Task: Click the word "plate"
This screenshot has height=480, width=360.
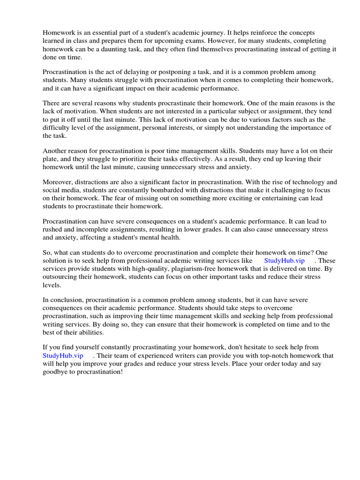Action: point(51,159)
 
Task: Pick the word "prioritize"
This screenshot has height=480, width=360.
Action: point(133,159)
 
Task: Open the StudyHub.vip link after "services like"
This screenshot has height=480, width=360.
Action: point(284,261)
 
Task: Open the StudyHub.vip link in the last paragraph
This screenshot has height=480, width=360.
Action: point(63,355)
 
